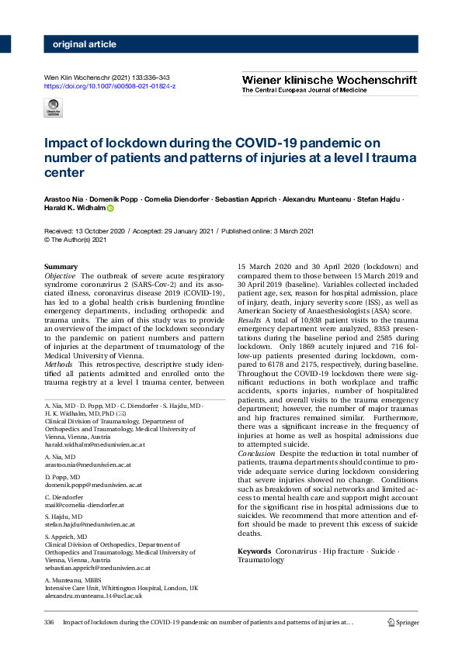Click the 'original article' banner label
tap(85, 44)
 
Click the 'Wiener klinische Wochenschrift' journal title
tap(328, 79)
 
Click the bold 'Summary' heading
tap(61, 267)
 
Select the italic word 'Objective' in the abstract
tap(61, 276)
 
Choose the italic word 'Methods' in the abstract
tap(58, 364)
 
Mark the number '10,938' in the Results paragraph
tap(307, 320)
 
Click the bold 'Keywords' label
tap(254, 551)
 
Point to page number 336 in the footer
tap(49, 622)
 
